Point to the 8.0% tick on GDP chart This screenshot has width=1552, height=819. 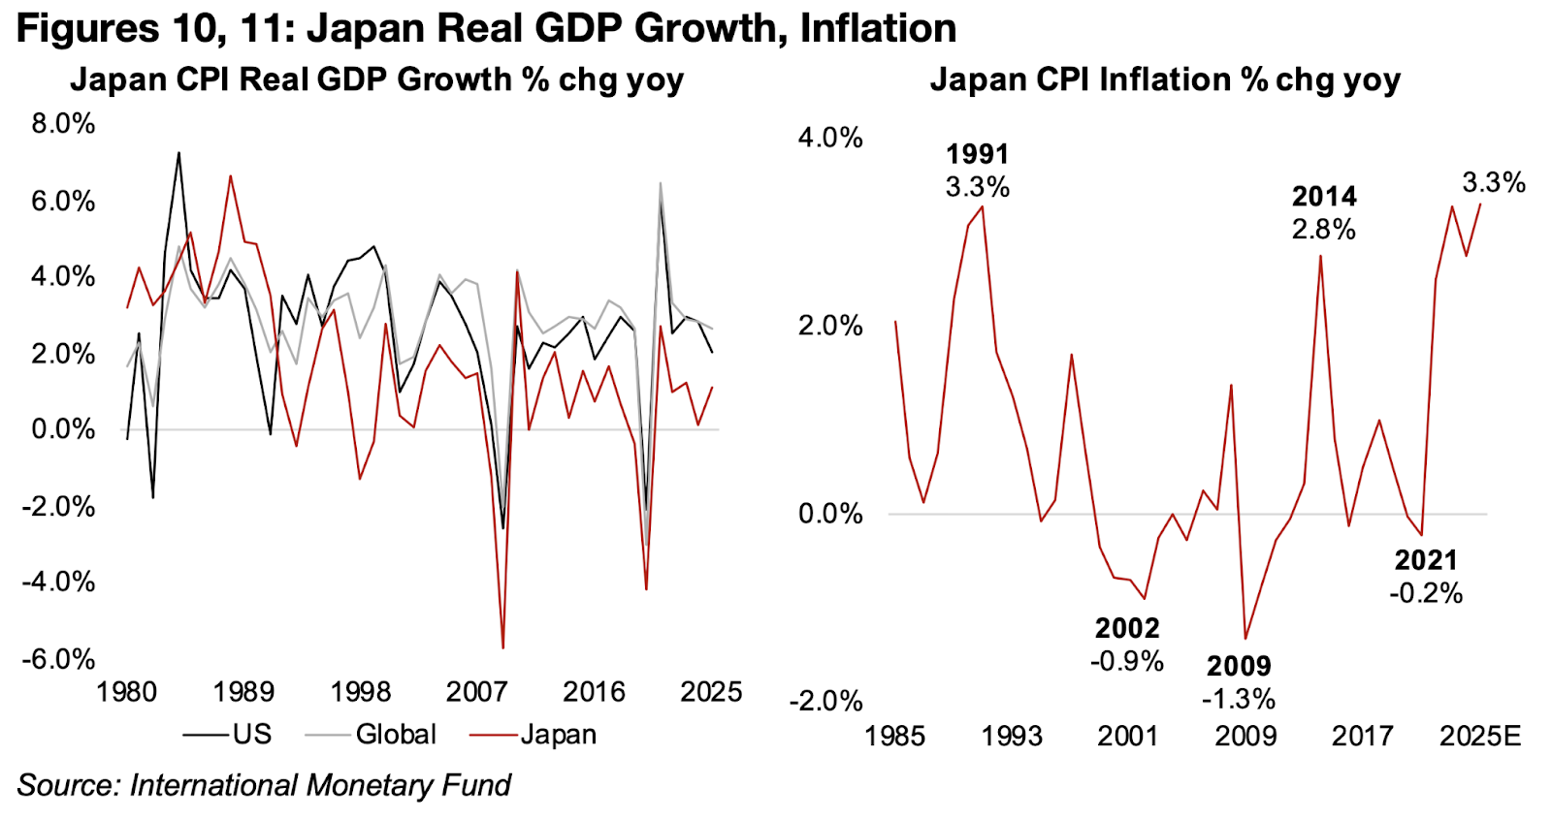click(x=63, y=124)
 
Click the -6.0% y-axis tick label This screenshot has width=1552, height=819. click(x=60, y=659)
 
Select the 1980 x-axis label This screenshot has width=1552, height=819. click(x=126, y=692)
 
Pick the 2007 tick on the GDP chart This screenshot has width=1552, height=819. click(x=476, y=692)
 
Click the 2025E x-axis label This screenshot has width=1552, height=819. click(x=1479, y=737)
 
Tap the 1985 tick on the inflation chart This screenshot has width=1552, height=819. click(x=894, y=737)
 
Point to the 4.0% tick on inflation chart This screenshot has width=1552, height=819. click(x=830, y=138)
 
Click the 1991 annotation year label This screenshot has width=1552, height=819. click(x=977, y=154)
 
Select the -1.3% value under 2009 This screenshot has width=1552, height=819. click(x=1239, y=699)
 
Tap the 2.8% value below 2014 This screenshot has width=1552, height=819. click(x=1324, y=230)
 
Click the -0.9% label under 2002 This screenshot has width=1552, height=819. click(x=1127, y=661)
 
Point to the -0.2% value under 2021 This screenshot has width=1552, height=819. click(x=1426, y=593)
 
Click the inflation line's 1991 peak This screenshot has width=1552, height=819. click(x=983, y=206)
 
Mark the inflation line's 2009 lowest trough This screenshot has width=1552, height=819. click(x=1245, y=639)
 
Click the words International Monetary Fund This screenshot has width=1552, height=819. click(x=320, y=785)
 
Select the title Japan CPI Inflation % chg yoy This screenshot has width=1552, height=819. click(x=1165, y=79)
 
